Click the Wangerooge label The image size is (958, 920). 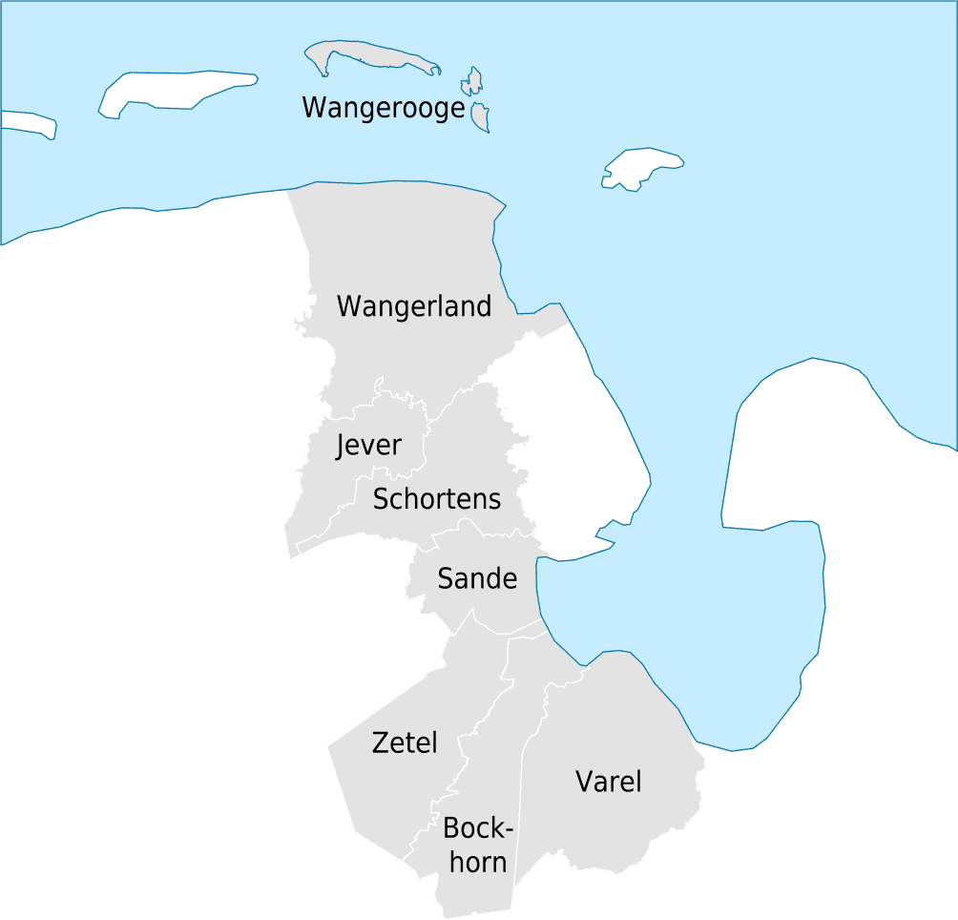tap(383, 108)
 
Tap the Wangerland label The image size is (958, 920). tap(414, 306)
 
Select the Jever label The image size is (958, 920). tap(368, 446)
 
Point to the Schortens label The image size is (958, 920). tap(436, 498)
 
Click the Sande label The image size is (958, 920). tap(477, 578)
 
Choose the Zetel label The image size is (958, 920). tap(405, 742)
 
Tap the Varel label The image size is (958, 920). tap(608, 782)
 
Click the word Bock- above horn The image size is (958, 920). tap(478, 828)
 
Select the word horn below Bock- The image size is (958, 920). tap(478, 863)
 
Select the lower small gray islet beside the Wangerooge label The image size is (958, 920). tap(480, 117)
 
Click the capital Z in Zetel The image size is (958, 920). tap(381, 742)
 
